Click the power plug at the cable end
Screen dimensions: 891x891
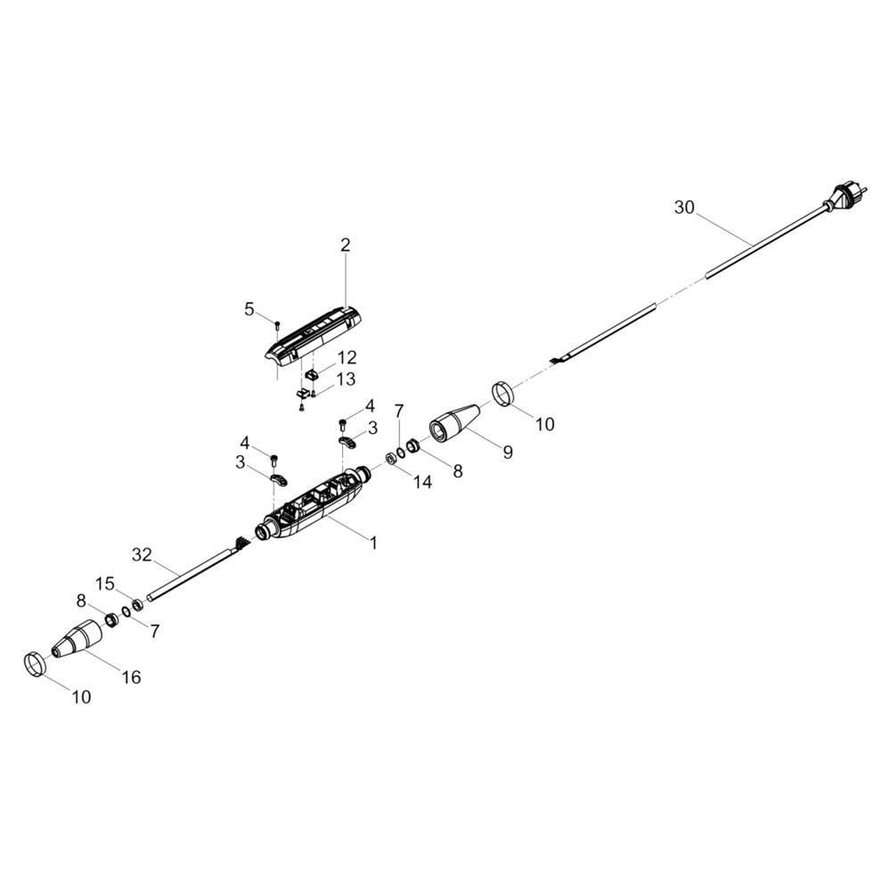842,197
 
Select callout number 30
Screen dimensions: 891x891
684,208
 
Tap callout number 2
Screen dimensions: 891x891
346,244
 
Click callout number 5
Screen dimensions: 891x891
249,309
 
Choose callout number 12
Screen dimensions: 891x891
347,358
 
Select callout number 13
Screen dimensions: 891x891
345,380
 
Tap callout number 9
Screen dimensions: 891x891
507,452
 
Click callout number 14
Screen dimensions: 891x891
422,482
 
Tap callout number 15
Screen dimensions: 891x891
106,584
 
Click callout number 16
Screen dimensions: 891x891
131,677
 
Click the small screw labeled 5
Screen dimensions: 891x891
278,323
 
